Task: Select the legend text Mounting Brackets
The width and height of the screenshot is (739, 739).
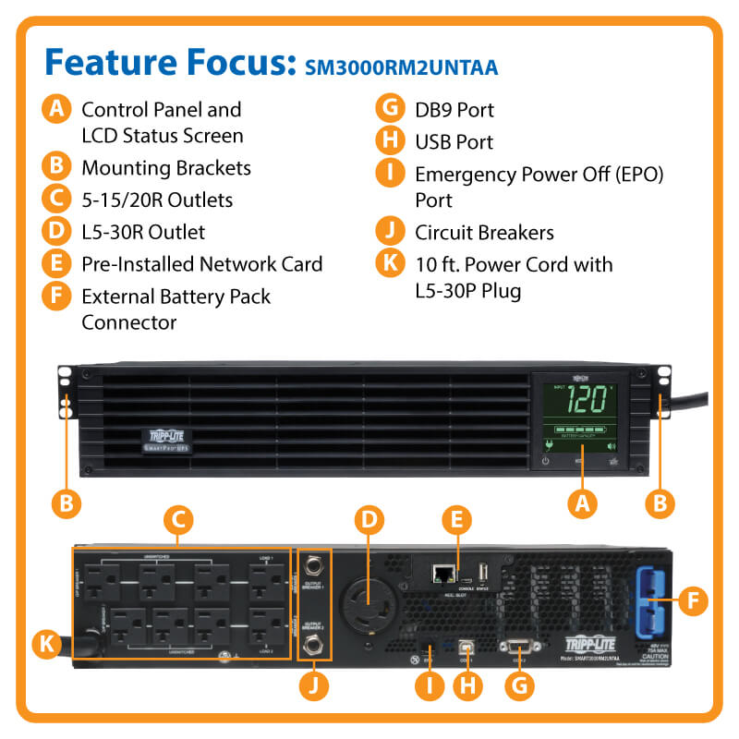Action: pos(166,168)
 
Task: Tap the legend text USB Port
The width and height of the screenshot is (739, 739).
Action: pos(454,142)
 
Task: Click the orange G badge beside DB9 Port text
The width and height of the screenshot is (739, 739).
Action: pos(390,110)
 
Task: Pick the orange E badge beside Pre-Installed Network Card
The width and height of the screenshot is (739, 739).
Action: pos(57,264)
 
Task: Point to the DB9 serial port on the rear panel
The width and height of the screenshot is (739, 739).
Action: pos(515,649)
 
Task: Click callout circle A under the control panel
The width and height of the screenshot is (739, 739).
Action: pos(581,503)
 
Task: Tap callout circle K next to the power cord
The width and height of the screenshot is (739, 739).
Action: pos(46,643)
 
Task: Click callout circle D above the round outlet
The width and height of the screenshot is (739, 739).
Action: pos(369,520)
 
